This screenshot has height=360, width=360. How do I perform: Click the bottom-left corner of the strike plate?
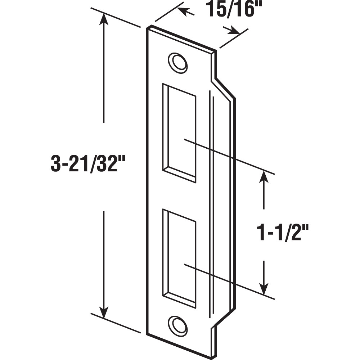pyautogui.click(x=148, y=333)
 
